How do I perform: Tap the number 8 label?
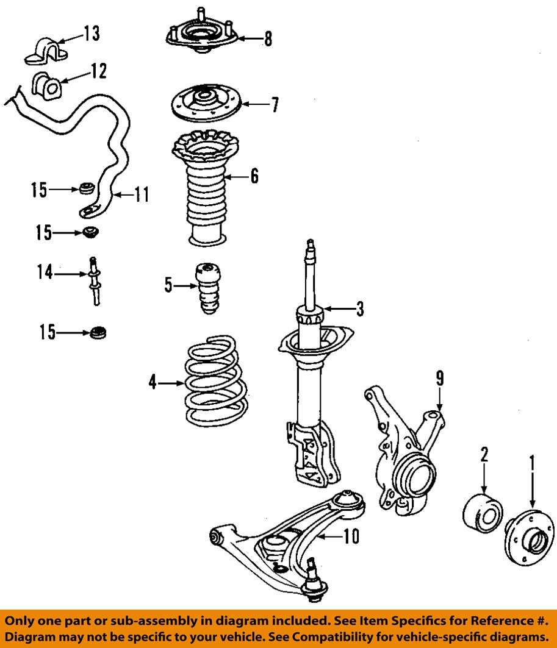[x=268, y=39]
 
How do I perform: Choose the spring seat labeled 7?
[x=206, y=104]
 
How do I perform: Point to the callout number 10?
[x=351, y=536]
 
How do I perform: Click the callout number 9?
[x=439, y=379]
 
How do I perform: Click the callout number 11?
[x=142, y=195]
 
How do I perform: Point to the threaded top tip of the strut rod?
[x=311, y=246]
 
